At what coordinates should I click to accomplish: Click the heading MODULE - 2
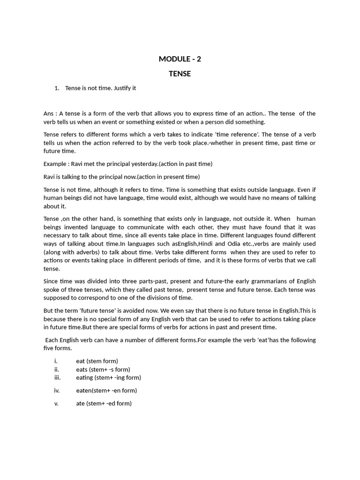(x=180, y=59)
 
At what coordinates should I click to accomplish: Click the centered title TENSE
(x=180, y=74)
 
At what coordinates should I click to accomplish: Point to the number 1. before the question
(x=57, y=88)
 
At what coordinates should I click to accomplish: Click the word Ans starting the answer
(x=49, y=113)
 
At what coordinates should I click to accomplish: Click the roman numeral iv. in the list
(x=57, y=390)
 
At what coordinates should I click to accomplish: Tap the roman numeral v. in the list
(x=57, y=403)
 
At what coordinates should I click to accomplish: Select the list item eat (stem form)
(x=97, y=361)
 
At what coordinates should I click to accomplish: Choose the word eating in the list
(x=84, y=377)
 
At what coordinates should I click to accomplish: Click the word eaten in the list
(x=84, y=390)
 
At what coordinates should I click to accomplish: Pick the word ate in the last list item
(x=81, y=403)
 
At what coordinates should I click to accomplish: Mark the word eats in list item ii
(x=82, y=369)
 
